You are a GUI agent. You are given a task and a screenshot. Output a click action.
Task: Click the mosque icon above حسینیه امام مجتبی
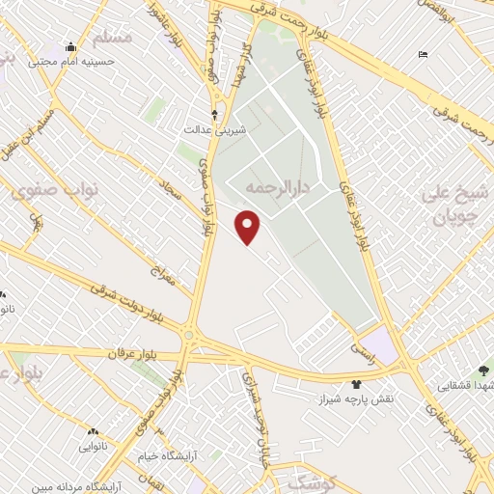pos(70,46)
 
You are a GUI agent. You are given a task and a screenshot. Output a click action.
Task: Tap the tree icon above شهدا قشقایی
pos(483,370)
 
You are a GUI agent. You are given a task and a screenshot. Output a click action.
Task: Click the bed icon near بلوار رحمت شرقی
pos(423,54)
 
